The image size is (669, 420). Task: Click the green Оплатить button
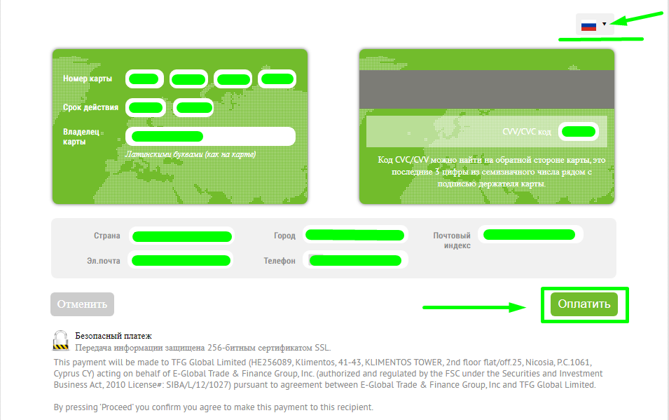(584, 304)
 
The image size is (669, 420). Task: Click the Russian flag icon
(588, 26)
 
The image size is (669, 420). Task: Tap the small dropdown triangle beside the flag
(604, 24)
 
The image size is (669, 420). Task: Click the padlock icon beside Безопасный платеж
(60, 341)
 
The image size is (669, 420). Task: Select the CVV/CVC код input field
(579, 132)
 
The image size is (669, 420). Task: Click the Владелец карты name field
(210, 136)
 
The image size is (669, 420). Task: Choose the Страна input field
(182, 236)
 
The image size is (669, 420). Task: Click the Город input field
(355, 235)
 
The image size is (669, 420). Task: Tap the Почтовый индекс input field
(530, 235)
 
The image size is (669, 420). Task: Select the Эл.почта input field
(181, 260)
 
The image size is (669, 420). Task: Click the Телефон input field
(355, 260)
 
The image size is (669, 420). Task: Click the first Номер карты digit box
(144, 79)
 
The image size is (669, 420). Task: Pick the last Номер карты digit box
(277, 79)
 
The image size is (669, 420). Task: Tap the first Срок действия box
(146, 107)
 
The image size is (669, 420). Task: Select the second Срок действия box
(193, 107)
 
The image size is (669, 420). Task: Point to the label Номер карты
(88, 79)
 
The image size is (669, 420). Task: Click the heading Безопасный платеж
(113, 336)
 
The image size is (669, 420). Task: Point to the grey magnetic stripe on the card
(487, 89)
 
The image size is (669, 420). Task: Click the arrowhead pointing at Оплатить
(518, 307)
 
